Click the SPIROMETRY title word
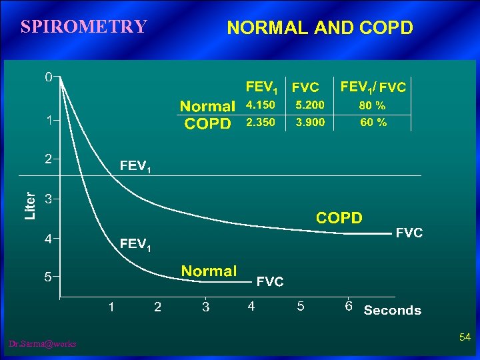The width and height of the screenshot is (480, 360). pyautogui.click(x=83, y=27)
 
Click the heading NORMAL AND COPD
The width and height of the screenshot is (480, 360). pyautogui.click(x=320, y=28)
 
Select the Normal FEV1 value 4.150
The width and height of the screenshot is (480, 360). pyautogui.click(x=261, y=105)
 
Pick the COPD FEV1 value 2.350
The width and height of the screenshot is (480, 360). pyautogui.click(x=261, y=123)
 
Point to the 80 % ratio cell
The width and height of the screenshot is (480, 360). pyautogui.click(x=372, y=105)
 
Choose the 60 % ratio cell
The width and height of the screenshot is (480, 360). pyautogui.click(x=372, y=123)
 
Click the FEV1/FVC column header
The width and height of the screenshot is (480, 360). pyautogui.click(x=373, y=87)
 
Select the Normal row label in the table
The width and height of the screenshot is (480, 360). pyautogui.click(x=207, y=106)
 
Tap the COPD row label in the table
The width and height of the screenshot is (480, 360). pyautogui.click(x=207, y=124)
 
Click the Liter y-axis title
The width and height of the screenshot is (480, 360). pyautogui.click(x=30, y=206)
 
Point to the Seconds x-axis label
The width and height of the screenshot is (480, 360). pyautogui.click(x=392, y=310)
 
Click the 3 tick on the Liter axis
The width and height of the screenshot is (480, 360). pyautogui.click(x=48, y=199)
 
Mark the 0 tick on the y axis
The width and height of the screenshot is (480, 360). pyautogui.click(x=48, y=77)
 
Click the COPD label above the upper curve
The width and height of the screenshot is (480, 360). pyautogui.click(x=339, y=218)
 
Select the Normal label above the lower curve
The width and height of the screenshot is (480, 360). pyautogui.click(x=209, y=271)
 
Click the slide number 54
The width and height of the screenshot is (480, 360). pyautogui.click(x=465, y=339)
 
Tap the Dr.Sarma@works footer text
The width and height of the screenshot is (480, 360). pyautogui.click(x=43, y=344)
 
